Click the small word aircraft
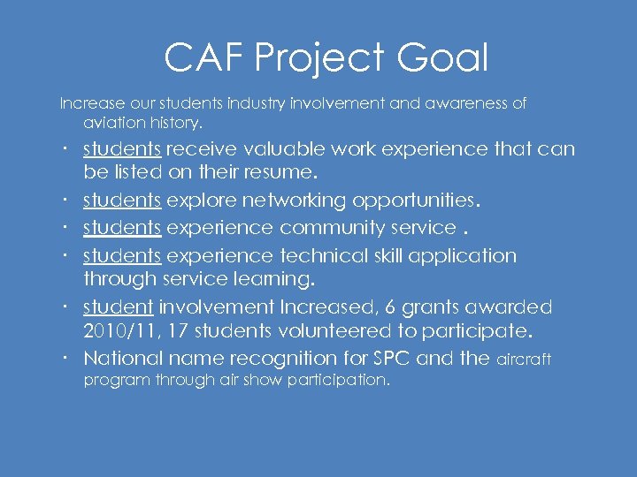click(x=524, y=360)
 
